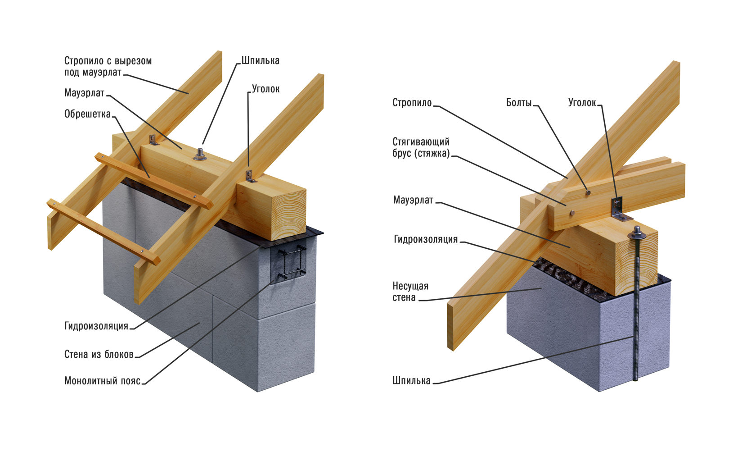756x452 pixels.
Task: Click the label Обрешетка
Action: coord(87,114)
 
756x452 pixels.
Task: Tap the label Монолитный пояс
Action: coord(102,381)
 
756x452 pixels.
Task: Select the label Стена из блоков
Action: coord(99,354)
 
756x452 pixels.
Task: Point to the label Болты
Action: coord(519,103)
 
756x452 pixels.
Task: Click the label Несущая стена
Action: coord(410,292)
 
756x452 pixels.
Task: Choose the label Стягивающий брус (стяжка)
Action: coord(421,147)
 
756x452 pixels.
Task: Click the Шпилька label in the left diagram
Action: coord(260,60)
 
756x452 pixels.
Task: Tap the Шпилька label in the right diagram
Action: coord(411,381)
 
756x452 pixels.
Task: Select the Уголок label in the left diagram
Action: coord(265,89)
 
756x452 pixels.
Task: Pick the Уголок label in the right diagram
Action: coord(582,103)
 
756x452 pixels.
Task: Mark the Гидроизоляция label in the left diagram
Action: coord(96,326)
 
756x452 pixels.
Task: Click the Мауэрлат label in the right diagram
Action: coord(413,200)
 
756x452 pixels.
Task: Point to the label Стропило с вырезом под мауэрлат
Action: coord(108,66)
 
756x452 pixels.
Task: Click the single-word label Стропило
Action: coord(412,103)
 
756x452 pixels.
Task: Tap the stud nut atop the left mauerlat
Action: coord(200,155)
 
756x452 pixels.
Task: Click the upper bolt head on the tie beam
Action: coord(588,193)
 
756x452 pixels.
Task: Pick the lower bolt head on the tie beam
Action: coord(571,212)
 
